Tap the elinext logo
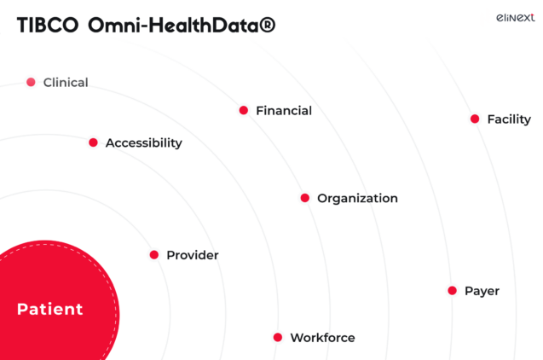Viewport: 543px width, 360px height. coord(515,16)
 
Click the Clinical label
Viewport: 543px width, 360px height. coord(66,83)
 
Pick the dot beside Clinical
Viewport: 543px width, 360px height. coord(31,82)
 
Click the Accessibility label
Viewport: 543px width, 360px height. coord(143,143)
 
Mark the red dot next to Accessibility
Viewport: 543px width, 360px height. coord(93,142)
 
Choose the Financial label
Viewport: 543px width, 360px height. coord(284,111)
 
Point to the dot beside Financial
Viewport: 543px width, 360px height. coord(244,110)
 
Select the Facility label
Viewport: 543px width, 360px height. coord(509,119)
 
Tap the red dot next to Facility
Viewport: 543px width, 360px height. coord(475,119)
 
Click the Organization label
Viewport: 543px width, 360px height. coord(357,199)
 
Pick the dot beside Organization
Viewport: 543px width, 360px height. coord(305,198)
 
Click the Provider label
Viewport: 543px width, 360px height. coord(192,255)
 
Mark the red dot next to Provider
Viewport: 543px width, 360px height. coord(154,254)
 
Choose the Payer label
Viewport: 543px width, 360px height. coord(482,291)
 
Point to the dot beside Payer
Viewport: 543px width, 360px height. coord(453,290)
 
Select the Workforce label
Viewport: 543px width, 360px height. coord(322,338)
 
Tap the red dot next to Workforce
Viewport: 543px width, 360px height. coord(278,337)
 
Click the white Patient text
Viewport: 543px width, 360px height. coord(50,309)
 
